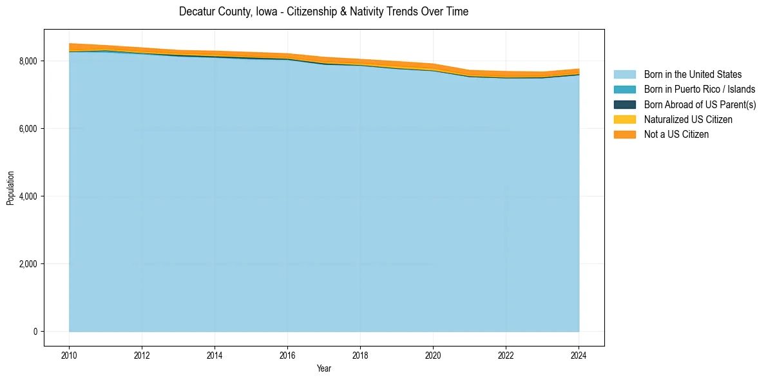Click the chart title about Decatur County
tap(323, 12)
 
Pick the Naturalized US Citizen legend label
tap(688, 120)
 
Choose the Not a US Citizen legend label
tap(676, 135)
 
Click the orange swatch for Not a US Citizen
tap(624, 135)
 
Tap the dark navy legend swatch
tap(624, 104)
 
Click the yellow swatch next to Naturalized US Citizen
tap(624, 120)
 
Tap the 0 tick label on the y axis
tap(35, 332)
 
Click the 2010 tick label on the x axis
tap(69, 354)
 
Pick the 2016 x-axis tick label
tap(287, 354)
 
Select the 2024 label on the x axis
tap(579, 354)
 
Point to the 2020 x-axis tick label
tap(433, 354)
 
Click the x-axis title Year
tap(324, 368)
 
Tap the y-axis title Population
tap(10, 187)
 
